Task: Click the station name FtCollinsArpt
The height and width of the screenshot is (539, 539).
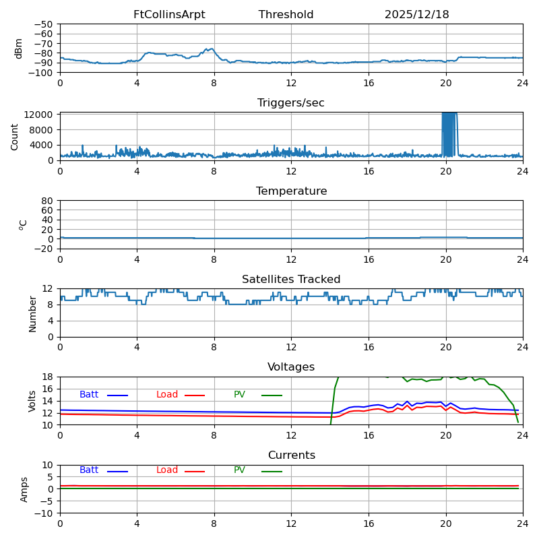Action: (169, 15)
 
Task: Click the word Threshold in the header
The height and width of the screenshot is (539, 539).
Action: (286, 15)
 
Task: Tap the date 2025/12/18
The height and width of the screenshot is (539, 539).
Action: (416, 15)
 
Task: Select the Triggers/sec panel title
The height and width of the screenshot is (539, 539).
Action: (291, 103)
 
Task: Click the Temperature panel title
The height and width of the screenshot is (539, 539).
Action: (291, 191)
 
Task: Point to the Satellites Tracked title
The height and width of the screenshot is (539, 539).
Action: (291, 280)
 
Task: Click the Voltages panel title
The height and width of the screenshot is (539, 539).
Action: (291, 367)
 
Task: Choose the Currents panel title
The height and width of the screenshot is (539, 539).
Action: (291, 455)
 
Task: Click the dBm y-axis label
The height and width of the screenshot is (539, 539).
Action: (19, 48)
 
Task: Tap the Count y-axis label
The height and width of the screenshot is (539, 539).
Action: (15, 136)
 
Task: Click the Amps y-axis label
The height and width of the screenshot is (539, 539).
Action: (24, 489)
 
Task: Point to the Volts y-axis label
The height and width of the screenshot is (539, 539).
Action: (32, 401)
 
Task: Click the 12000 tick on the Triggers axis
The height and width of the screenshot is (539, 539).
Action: (40, 115)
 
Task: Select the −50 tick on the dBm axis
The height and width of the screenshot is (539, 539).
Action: (43, 24)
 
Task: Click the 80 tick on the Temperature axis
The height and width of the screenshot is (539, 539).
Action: (48, 201)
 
